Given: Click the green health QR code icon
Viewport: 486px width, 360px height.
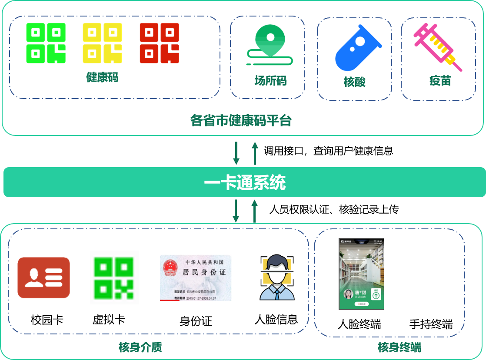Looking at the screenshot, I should [46, 43].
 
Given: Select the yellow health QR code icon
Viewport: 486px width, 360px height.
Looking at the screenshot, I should [103, 43].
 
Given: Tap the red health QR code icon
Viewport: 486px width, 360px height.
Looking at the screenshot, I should [159, 43].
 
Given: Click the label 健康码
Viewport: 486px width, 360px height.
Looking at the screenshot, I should [102, 78].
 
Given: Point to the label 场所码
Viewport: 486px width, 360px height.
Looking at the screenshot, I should [270, 81].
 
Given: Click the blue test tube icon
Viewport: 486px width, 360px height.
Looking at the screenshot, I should [357, 48].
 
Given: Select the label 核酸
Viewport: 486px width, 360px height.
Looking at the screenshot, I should [354, 82].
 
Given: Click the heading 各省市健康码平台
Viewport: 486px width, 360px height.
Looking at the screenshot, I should [241, 120].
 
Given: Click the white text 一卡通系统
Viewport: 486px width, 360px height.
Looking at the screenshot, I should [245, 183].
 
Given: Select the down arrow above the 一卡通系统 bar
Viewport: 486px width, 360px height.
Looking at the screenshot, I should [236, 153].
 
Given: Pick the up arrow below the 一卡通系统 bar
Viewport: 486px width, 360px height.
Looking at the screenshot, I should [255, 211].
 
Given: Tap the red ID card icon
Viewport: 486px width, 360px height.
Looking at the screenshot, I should [43, 277].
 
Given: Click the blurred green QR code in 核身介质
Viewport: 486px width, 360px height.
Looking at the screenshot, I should [114, 277].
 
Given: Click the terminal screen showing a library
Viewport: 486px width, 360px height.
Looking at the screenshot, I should [361, 274].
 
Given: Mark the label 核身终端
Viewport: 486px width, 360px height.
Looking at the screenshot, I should [399, 347].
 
